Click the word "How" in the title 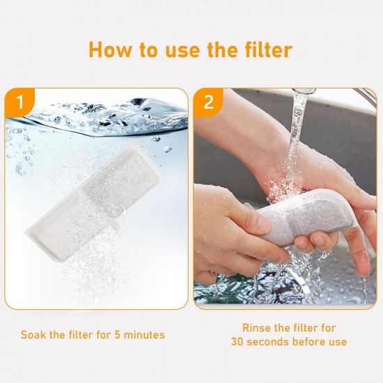click(x=110, y=49)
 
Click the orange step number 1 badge click(x=19, y=102)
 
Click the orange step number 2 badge click(x=208, y=102)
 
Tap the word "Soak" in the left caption click(x=33, y=335)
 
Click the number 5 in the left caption click(x=118, y=335)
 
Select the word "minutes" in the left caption click(x=144, y=335)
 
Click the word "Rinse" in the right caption click(x=256, y=328)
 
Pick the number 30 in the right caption click(x=237, y=342)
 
